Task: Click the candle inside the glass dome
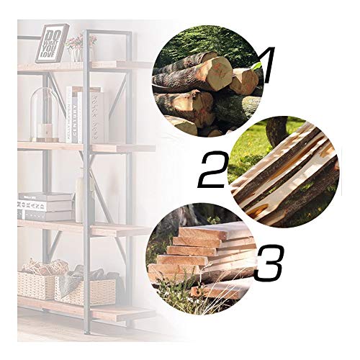pyautogui.click(x=45, y=132)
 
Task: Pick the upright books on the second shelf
pyautogui.click(x=85, y=114)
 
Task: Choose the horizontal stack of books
pyautogui.click(x=45, y=206)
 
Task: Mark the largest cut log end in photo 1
pyautogui.click(x=213, y=73)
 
